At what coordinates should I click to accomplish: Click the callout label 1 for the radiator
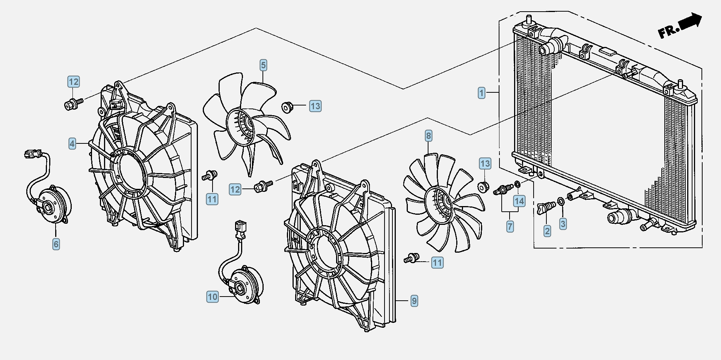click(481, 93)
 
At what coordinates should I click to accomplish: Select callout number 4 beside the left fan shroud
click(72, 143)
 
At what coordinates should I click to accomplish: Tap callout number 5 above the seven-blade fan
click(263, 65)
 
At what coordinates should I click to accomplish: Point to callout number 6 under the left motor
click(56, 244)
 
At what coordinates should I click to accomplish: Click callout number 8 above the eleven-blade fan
click(428, 136)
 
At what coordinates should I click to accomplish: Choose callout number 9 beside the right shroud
click(414, 301)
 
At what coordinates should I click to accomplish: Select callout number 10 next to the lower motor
click(213, 297)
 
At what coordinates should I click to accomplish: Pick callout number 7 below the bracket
click(510, 226)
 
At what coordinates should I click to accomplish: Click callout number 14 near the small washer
click(519, 201)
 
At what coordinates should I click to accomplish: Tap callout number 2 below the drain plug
click(547, 231)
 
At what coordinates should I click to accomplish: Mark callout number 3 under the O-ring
click(563, 224)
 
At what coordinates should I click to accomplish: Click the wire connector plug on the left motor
click(32, 153)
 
